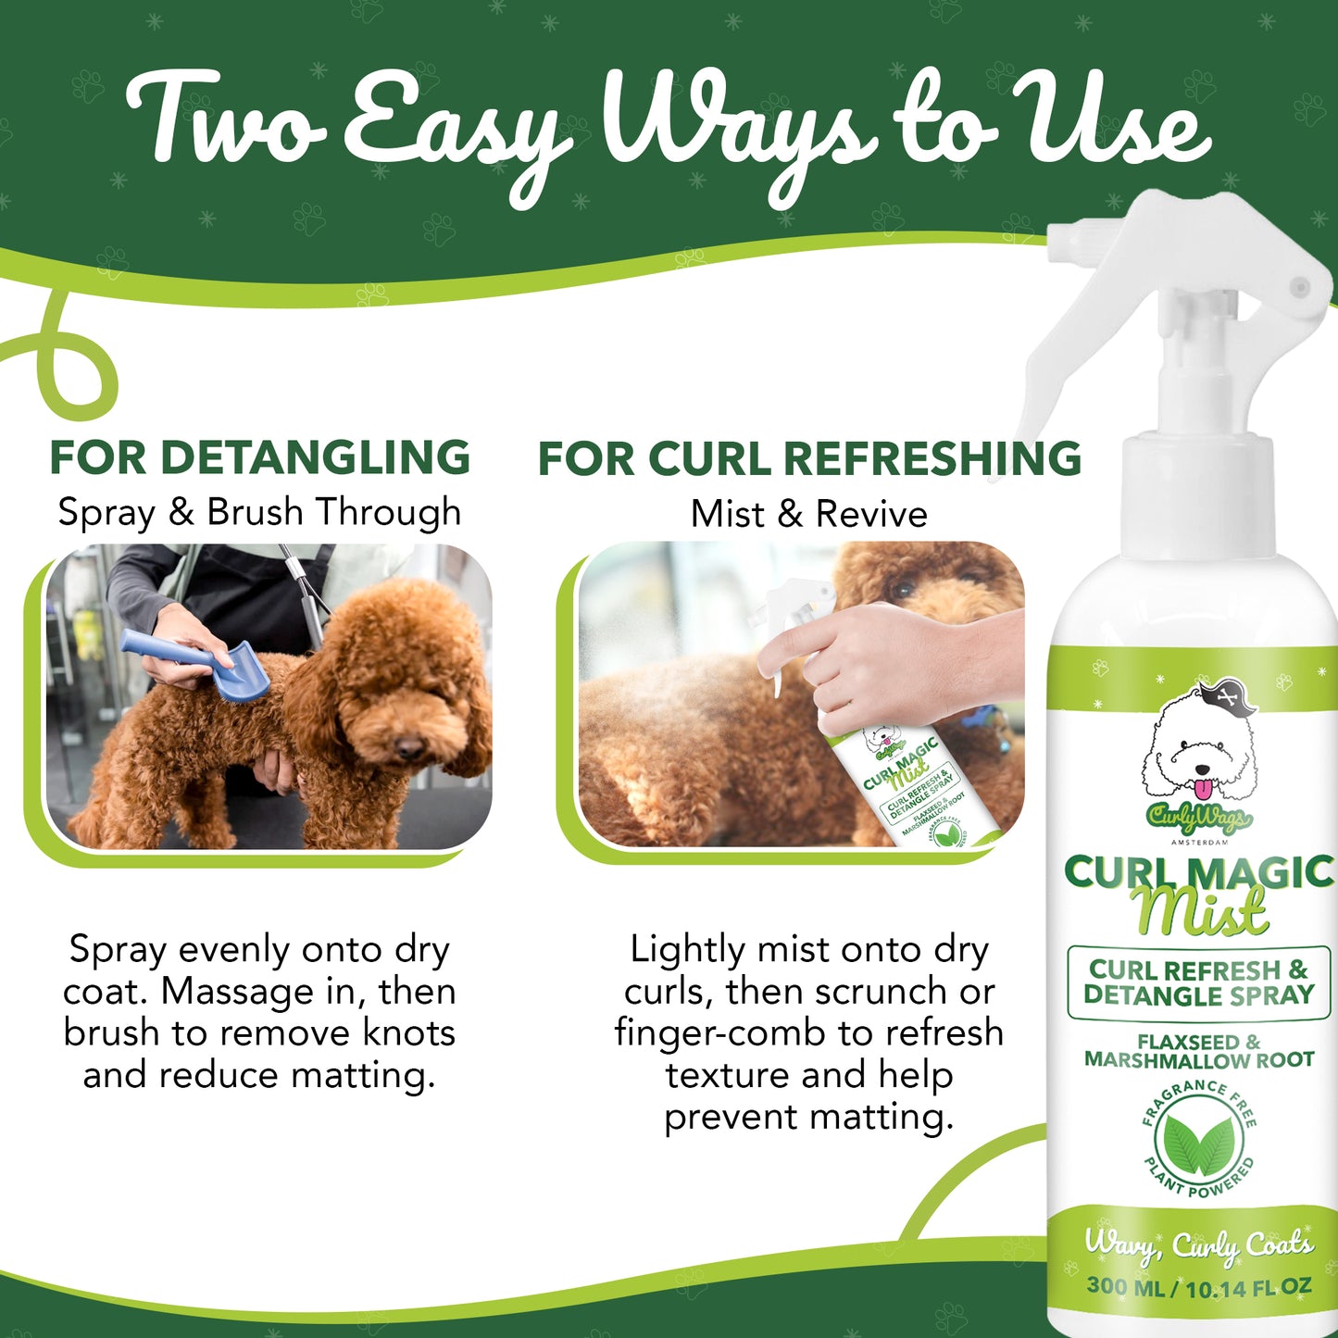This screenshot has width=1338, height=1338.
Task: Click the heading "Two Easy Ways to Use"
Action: [x=667, y=130]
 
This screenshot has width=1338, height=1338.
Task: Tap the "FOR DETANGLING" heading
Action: [x=260, y=457]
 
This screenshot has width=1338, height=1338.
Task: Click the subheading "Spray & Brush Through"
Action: [x=259, y=512]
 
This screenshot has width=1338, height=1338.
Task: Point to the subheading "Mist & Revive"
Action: [x=808, y=514]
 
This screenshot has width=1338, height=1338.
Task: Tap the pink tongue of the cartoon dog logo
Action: [x=1201, y=789]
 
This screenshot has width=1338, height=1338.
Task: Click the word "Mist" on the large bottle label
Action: [x=1200, y=912]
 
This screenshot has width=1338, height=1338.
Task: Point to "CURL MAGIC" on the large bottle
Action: [x=1198, y=872]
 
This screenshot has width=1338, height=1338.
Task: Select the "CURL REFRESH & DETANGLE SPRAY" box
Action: [x=1198, y=983]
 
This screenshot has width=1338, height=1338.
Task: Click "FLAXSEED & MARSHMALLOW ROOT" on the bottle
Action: [x=1198, y=1051]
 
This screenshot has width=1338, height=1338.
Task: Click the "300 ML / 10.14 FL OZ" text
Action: [x=1199, y=1286]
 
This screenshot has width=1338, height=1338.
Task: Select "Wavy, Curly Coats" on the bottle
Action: [x=1199, y=1245]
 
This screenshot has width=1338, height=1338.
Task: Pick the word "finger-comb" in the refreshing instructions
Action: [x=721, y=1032]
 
